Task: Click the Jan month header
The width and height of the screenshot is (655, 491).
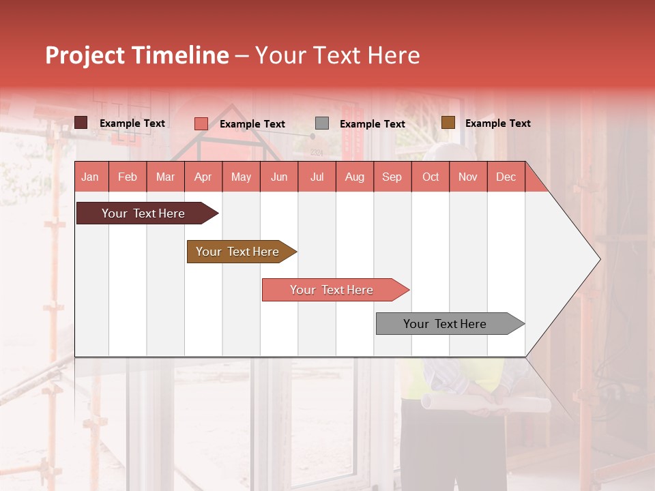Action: tap(90, 177)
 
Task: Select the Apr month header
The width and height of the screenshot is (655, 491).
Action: tap(203, 177)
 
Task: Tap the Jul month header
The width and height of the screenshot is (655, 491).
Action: tap(317, 177)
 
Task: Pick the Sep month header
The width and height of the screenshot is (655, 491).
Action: tap(392, 177)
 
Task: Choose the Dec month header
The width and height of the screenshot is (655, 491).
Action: tap(506, 177)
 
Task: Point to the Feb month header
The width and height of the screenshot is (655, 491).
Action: tap(128, 177)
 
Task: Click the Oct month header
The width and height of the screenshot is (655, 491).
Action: tap(431, 177)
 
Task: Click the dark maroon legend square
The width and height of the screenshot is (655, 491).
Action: tap(81, 123)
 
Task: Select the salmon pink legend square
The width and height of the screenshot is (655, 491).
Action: tap(201, 123)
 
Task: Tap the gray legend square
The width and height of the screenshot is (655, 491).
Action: tap(322, 123)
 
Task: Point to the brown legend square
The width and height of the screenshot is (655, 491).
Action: tap(448, 123)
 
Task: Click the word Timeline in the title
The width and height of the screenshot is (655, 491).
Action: tap(179, 55)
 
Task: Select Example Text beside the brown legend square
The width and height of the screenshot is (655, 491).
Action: tap(497, 123)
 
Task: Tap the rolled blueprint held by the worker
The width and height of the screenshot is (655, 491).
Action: tap(484, 403)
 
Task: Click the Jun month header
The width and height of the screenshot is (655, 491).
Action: tap(279, 177)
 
